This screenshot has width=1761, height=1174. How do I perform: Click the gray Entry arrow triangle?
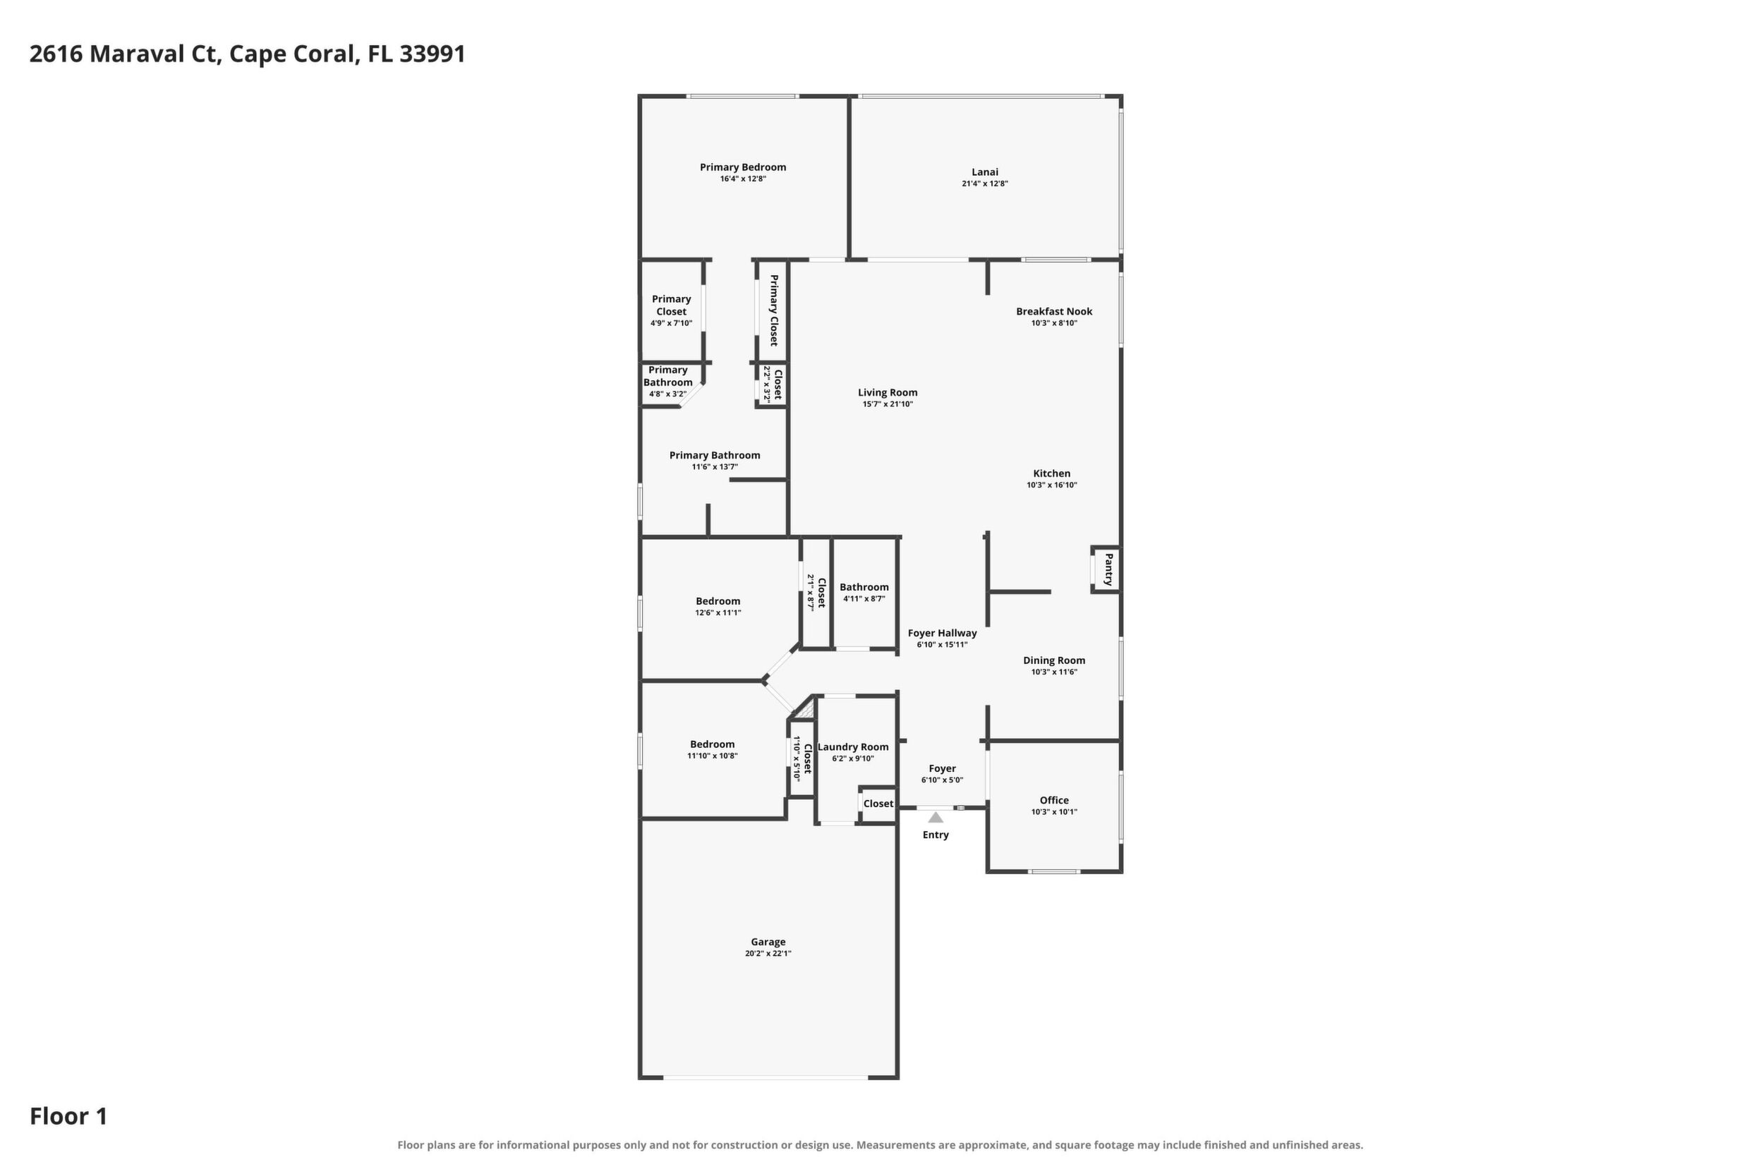(x=936, y=817)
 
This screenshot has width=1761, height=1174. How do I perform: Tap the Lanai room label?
(x=985, y=172)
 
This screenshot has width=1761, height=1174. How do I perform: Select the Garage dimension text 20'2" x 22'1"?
(x=768, y=954)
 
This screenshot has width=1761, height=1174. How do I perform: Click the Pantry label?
(x=1109, y=569)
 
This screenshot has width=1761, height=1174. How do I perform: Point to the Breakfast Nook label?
(x=1054, y=311)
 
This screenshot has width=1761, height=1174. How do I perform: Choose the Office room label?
(x=1054, y=800)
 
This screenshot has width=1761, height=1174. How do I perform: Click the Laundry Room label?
(x=853, y=746)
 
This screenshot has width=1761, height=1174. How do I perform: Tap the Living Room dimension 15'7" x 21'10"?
(x=888, y=404)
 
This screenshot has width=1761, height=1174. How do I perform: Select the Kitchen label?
(x=1052, y=473)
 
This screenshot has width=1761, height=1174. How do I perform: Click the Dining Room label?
(x=1054, y=660)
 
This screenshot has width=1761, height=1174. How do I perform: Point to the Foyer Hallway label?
(x=943, y=634)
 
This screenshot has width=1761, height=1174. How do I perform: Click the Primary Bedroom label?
(x=743, y=167)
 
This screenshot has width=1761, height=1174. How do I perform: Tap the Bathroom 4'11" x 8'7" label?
(x=864, y=587)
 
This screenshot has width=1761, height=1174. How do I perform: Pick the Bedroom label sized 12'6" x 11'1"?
(x=718, y=601)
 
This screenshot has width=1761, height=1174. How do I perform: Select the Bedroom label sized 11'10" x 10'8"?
(x=713, y=744)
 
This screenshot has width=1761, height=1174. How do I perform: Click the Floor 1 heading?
(x=69, y=1116)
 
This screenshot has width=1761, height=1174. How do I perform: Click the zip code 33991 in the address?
(x=432, y=54)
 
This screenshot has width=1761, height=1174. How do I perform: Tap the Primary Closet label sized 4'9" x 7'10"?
(x=672, y=305)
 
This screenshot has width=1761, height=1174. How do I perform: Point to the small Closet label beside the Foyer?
(x=878, y=804)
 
